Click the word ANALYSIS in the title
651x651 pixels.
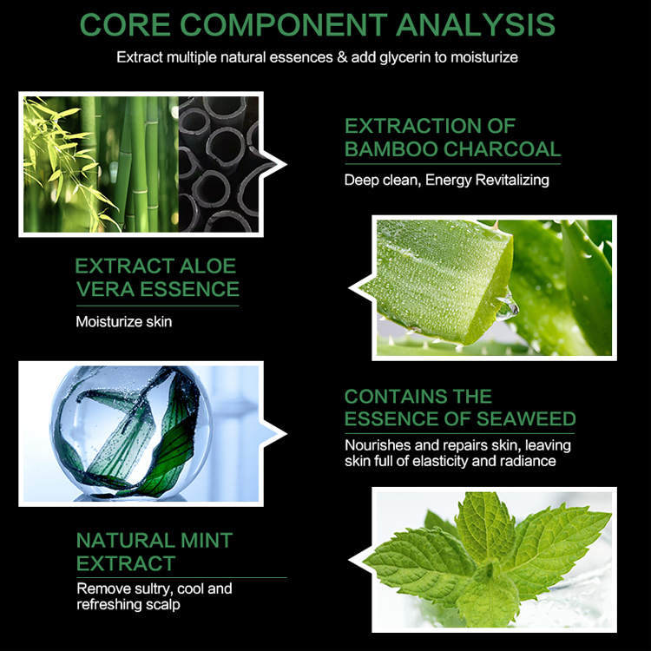coord(476,25)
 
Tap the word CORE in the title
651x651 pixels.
coord(125,25)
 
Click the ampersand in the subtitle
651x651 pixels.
coord(342,57)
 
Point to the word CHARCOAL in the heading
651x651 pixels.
coord(503,149)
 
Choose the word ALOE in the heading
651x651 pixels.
coord(207,266)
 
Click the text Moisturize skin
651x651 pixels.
coord(124,322)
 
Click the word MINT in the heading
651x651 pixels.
coord(207,541)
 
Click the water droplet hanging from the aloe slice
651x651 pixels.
coord(508,307)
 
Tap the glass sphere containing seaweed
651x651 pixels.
coord(131,431)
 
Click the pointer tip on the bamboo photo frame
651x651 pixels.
coord(286,164)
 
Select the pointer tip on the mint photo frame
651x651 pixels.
coord(350,560)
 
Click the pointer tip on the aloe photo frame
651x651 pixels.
coord(350,287)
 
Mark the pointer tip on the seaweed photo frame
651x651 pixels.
coord(286,434)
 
